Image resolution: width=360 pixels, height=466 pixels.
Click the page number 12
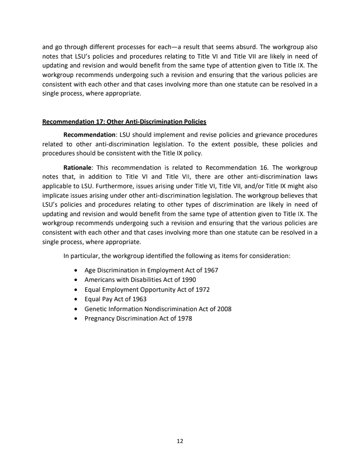[x=180, y=441]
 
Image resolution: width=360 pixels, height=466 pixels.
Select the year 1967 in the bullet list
[x=211, y=270]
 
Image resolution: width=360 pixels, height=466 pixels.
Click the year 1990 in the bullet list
[x=189, y=280]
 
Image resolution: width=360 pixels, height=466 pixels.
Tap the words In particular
[x=79, y=256]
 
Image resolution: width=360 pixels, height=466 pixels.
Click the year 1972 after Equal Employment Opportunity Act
[x=202, y=290]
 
